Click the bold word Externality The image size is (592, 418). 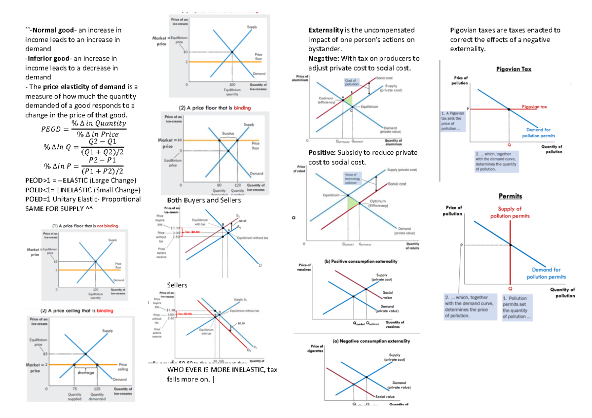pos(325,30)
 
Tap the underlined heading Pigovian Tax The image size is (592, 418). pos(514,70)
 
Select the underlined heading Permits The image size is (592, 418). pos(510,196)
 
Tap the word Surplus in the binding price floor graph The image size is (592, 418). pos(227,133)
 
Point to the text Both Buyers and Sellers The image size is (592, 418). pos(204,200)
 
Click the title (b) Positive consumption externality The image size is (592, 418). pos(361,261)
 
